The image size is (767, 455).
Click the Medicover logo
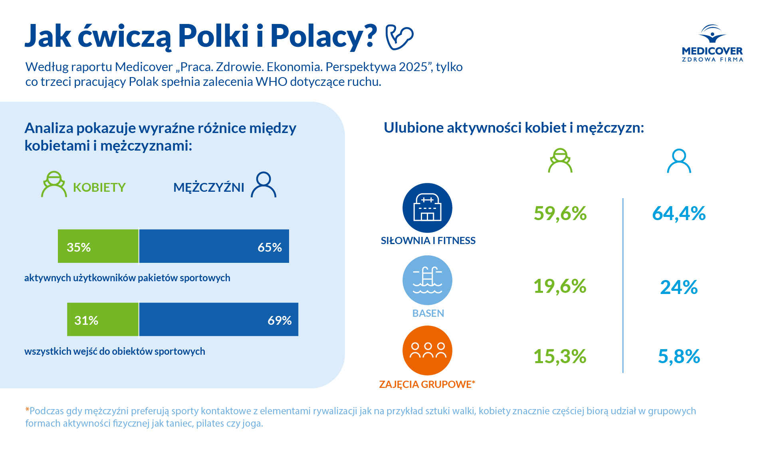click(712, 43)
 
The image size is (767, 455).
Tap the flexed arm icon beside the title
click(399, 37)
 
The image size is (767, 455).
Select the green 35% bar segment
click(98, 246)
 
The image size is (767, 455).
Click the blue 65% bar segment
click(214, 246)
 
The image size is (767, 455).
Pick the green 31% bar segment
click(103, 320)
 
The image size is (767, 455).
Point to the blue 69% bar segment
click(218, 320)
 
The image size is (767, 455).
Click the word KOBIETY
click(99, 187)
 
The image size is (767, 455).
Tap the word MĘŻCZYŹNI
click(208, 187)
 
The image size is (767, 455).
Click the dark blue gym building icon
click(427, 208)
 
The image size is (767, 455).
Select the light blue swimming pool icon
click(427, 280)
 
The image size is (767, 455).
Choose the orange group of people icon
click(427, 350)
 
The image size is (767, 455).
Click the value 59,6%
click(560, 213)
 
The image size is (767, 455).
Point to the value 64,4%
click(679, 213)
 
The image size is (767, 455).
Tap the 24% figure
click(679, 287)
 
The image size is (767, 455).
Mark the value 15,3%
click(560, 356)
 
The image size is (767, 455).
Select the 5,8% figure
click(679, 356)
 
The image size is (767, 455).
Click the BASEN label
click(428, 313)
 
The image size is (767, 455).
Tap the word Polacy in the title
click(323, 36)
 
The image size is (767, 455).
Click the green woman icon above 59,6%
click(560, 161)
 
